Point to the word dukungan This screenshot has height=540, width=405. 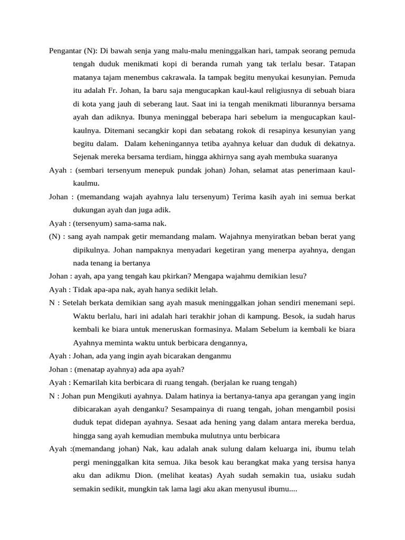90,210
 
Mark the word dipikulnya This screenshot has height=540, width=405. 91,249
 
